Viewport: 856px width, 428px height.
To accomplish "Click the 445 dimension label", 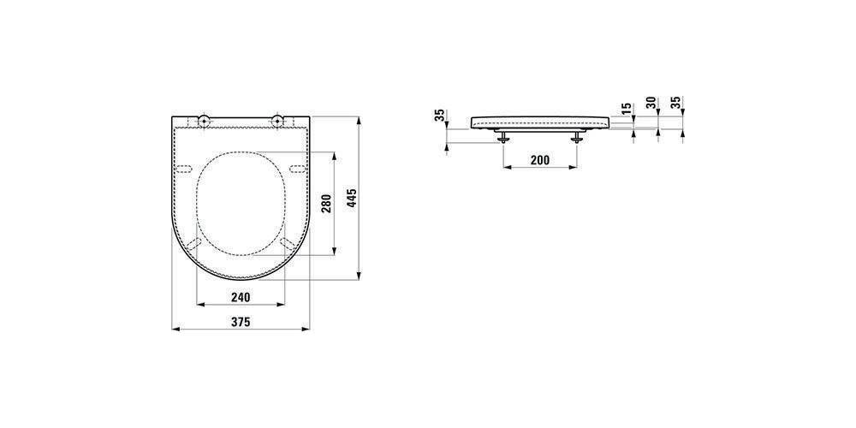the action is click(x=352, y=199).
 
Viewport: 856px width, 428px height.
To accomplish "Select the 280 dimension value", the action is click(x=327, y=205).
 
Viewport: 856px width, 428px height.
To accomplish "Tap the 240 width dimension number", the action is click(x=241, y=297).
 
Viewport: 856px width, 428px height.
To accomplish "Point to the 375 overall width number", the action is click(x=241, y=322).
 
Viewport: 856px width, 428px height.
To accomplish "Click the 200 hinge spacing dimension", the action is click(x=540, y=160).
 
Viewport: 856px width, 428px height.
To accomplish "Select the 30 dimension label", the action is click(x=651, y=104).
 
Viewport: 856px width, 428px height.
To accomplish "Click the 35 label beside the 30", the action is click(x=676, y=104).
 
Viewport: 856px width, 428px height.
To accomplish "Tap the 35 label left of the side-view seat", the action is click(x=439, y=116).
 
